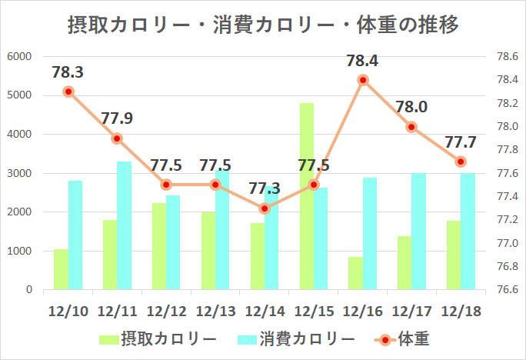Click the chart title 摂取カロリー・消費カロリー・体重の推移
[263, 25]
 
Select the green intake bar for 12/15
[307, 196]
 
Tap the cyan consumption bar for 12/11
[125, 225]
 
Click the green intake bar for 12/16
[356, 273]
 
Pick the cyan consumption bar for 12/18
[468, 232]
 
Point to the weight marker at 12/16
[363, 80]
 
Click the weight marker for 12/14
[265, 208]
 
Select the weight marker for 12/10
[68, 92]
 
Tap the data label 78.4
[362, 60]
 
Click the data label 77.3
[265, 188]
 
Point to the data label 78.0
[411, 107]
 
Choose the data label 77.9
[117, 118]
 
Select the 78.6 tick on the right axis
[503, 56]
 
